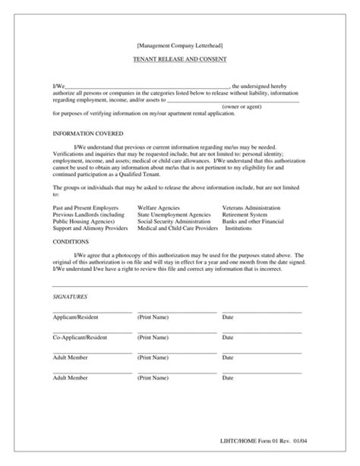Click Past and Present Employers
[x=85, y=206]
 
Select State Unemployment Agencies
[x=174, y=213]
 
